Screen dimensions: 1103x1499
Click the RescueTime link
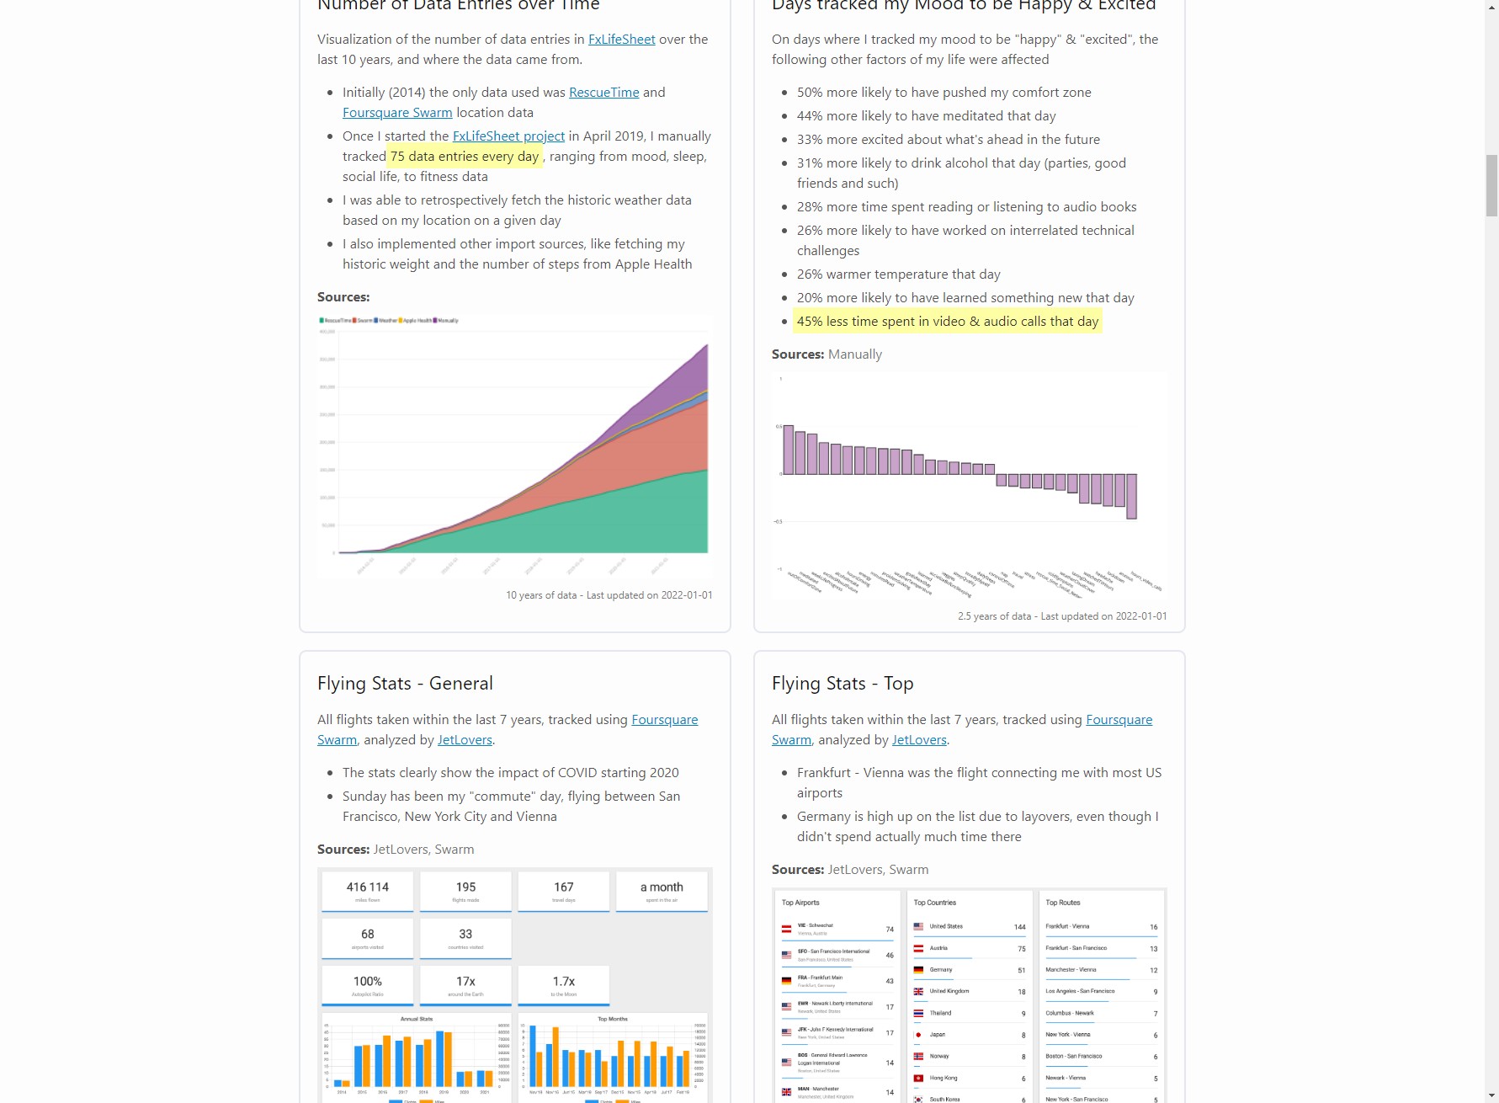click(x=603, y=93)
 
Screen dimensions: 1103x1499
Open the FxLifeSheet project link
click(x=508, y=136)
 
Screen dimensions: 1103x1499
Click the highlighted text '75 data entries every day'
click(x=464, y=157)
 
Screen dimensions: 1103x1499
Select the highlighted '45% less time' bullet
click(x=947, y=322)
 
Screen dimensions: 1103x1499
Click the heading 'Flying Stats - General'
click(x=405, y=684)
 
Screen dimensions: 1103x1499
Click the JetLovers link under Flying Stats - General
click(x=465, y=740)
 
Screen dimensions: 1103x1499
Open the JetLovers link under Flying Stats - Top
click(x=919, y=740)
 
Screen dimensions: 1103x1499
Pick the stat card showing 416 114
click(x=367, y=891)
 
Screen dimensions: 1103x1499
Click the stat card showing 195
click(x=465, y=891)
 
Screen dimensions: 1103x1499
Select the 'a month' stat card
click(x=662, y=891)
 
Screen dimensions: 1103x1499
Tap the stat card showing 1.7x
click(x=564, y=985)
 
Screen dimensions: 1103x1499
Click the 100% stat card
click(x=367, y=985)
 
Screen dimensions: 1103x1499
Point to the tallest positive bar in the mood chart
click(x=789, y=450)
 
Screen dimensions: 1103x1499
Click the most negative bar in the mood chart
click(x=1131, y=496)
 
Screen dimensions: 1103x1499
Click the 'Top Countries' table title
click(x=934, y=903)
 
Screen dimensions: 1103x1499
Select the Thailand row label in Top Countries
click(x=940, y=1013)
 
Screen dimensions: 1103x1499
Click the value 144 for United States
click(x=1019, y=927)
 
